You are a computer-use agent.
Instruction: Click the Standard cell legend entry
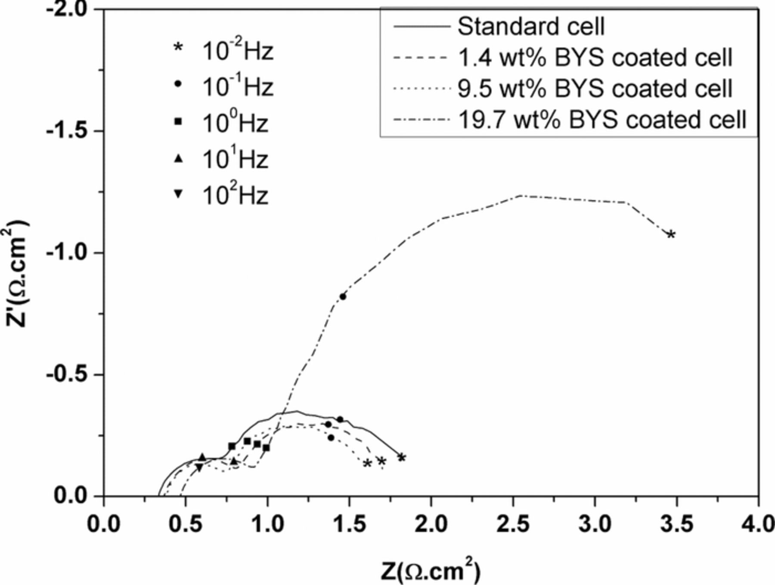point(530,27)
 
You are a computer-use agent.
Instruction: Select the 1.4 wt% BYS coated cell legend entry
point(594,58)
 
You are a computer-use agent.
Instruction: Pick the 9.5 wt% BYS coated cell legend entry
point(594,89)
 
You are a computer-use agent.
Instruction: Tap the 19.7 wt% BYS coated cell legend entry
point(601,119)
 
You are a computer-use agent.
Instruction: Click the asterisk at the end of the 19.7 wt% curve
point(671,235)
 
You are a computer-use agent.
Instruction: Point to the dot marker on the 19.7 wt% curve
point(343,296)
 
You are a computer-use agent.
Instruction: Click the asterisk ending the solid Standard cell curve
point(401,458)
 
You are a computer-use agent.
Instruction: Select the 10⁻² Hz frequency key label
point(237,52)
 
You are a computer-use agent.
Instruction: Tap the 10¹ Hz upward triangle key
point(178,159)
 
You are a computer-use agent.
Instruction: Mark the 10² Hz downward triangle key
point(178,194)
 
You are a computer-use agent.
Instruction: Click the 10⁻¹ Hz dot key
point(178,85)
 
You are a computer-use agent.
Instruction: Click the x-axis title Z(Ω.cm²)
point(430,571)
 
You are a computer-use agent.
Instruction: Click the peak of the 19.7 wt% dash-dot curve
point(521,196)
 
